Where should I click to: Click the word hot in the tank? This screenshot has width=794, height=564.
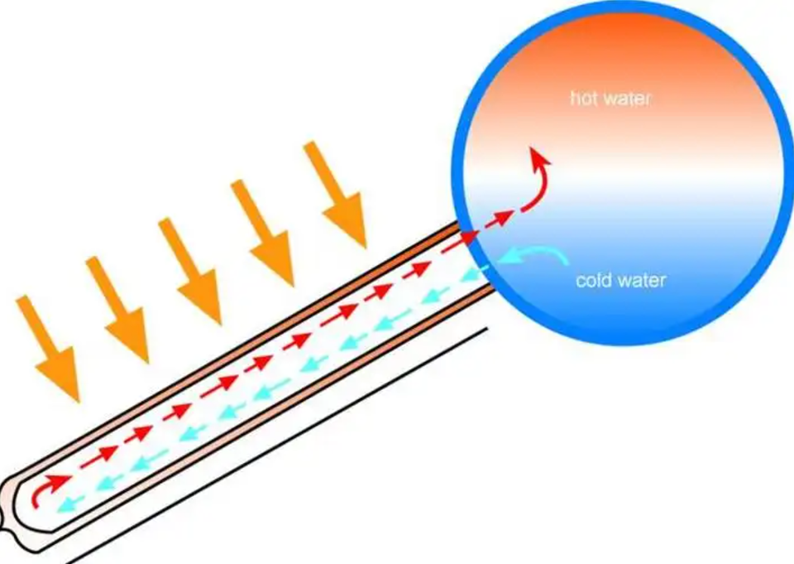583,99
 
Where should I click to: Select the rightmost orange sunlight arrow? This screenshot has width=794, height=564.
335,195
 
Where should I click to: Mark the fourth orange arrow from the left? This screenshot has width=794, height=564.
262,233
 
